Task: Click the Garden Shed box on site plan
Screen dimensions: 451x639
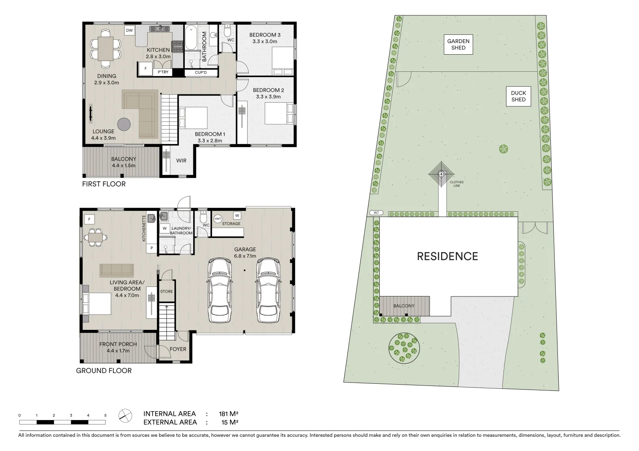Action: (458, 44)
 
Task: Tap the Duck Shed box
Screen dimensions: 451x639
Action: (518, 96)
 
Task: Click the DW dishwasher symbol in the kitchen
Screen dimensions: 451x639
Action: (129, 30)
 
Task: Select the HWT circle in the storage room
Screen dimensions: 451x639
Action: (218, 218)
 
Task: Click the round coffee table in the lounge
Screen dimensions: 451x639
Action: (124, 124)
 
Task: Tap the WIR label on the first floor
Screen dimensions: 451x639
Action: (181, 161)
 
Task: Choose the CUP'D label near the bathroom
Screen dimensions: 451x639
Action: (201, 73)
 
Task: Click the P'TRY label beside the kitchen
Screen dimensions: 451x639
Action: (163, 73)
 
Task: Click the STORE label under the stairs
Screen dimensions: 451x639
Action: (166, 291)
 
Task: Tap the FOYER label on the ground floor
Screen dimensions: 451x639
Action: (178, 349)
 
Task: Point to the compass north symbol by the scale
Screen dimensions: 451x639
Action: (124, 415)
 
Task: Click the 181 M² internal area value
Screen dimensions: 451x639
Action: (228, 414)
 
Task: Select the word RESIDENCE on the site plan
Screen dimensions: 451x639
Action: (447, 256)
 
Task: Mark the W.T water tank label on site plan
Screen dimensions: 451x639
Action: (376, 213)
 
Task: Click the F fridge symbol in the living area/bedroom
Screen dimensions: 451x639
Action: (89, 219)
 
